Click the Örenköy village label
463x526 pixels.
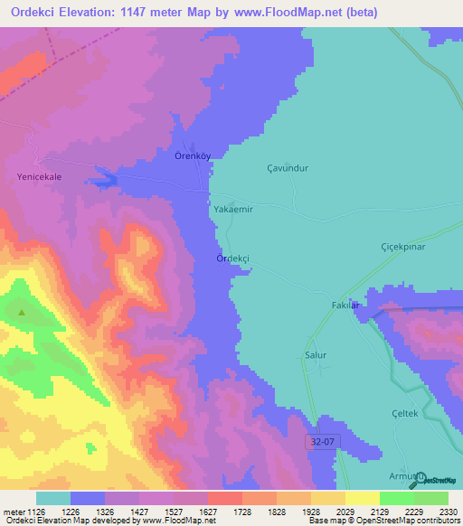pyautogui.click(x=193, y=155)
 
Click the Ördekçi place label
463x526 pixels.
pyautogui.click(x=232, y=258)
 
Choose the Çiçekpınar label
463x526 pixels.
pyautogui.click(x=402, y=246)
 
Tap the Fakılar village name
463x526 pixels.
pyautogui.click(x=345, y=305)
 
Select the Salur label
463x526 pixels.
pyautogui.click(x=315, y=355)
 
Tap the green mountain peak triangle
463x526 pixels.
pyautogui.click(x=21, y=314)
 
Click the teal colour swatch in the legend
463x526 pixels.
pyautogui.click(x=52, y=498)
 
